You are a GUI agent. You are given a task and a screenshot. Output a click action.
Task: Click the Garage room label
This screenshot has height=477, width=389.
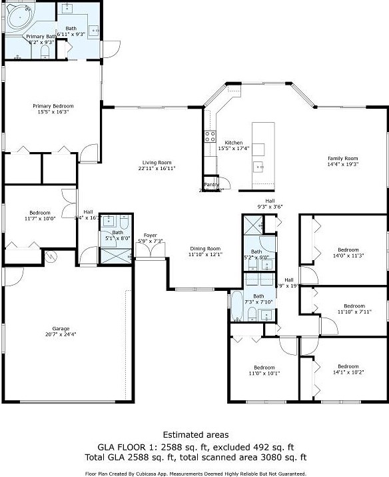point(65,329)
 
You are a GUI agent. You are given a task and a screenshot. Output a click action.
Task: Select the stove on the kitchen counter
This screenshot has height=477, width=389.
point(210,135)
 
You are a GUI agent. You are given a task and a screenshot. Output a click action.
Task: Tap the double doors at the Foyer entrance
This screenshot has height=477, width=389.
point(149,250)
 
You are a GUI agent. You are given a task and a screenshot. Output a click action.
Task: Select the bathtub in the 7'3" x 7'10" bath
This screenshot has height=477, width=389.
point(236,306)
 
